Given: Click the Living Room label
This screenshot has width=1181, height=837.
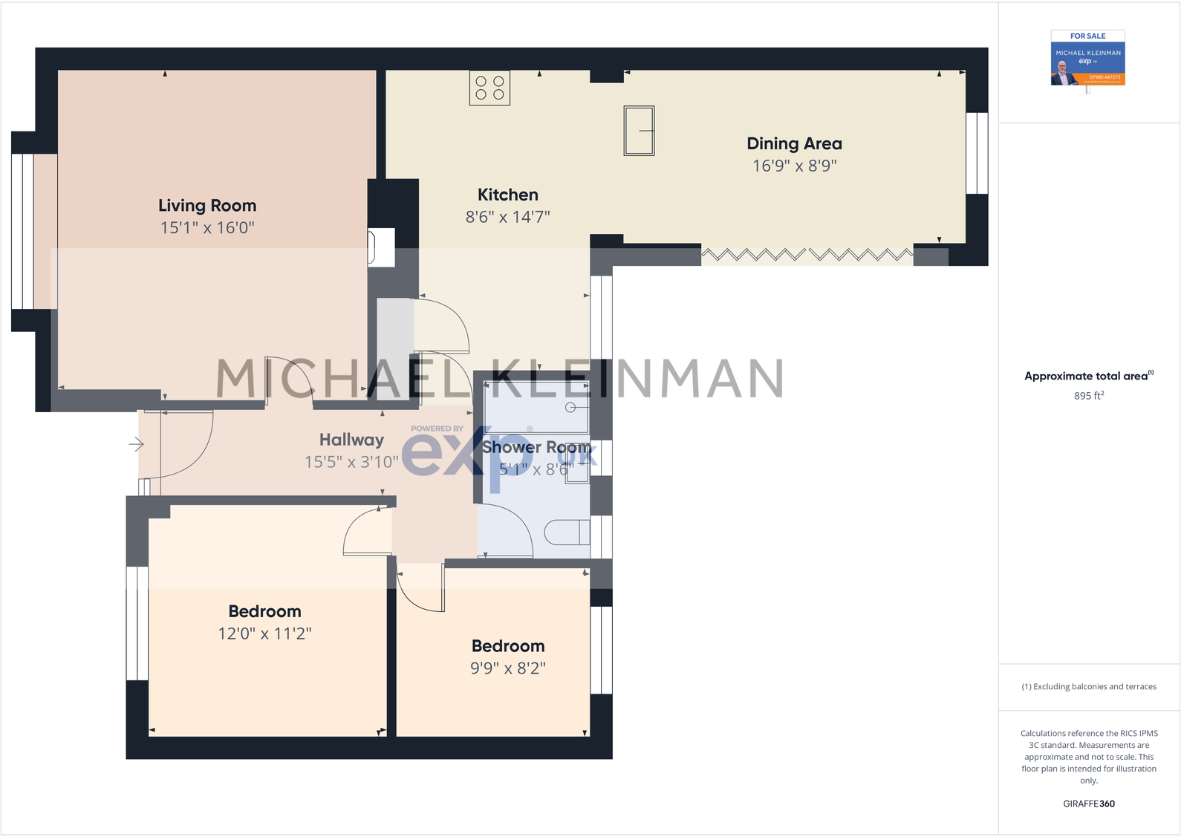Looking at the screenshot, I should tap(207, 206).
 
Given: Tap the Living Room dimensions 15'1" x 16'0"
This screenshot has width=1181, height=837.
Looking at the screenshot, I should tap(207, 228).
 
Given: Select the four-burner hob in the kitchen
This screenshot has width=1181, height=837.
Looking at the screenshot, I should tap(489, 88).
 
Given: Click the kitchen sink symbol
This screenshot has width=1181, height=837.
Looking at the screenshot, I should tap(639, 131).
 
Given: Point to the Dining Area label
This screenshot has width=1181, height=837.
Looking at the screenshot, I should tap(794, 144).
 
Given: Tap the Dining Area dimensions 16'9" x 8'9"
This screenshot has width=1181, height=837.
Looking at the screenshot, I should tap(794, 166).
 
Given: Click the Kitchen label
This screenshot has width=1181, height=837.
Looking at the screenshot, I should tap(508, 195).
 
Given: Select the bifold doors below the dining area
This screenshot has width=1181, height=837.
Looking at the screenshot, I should tap(807, 255).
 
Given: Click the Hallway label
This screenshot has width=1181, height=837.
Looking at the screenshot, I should tap(351, 440).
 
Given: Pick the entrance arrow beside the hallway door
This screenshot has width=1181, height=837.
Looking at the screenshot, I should tap(136, 445).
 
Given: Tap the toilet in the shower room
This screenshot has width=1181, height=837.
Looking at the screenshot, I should tap(567, 533).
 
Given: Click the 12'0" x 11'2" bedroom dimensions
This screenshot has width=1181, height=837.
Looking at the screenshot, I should tap(264, 634).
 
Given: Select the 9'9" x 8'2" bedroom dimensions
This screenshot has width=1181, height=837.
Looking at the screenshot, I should tap(508, 668).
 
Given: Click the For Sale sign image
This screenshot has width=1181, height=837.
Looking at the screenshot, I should tap(1087, 59).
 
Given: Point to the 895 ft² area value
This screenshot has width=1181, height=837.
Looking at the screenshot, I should tap(1088, 396).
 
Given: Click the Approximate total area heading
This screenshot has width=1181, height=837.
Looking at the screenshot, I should tap(1088, 376).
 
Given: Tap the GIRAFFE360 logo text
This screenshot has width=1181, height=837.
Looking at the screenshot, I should tap(1088, 804).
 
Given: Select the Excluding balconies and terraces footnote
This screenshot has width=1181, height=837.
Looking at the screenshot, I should tap(1088, 687).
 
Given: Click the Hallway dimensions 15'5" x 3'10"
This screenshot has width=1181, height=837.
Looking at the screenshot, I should tap(351, 462).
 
